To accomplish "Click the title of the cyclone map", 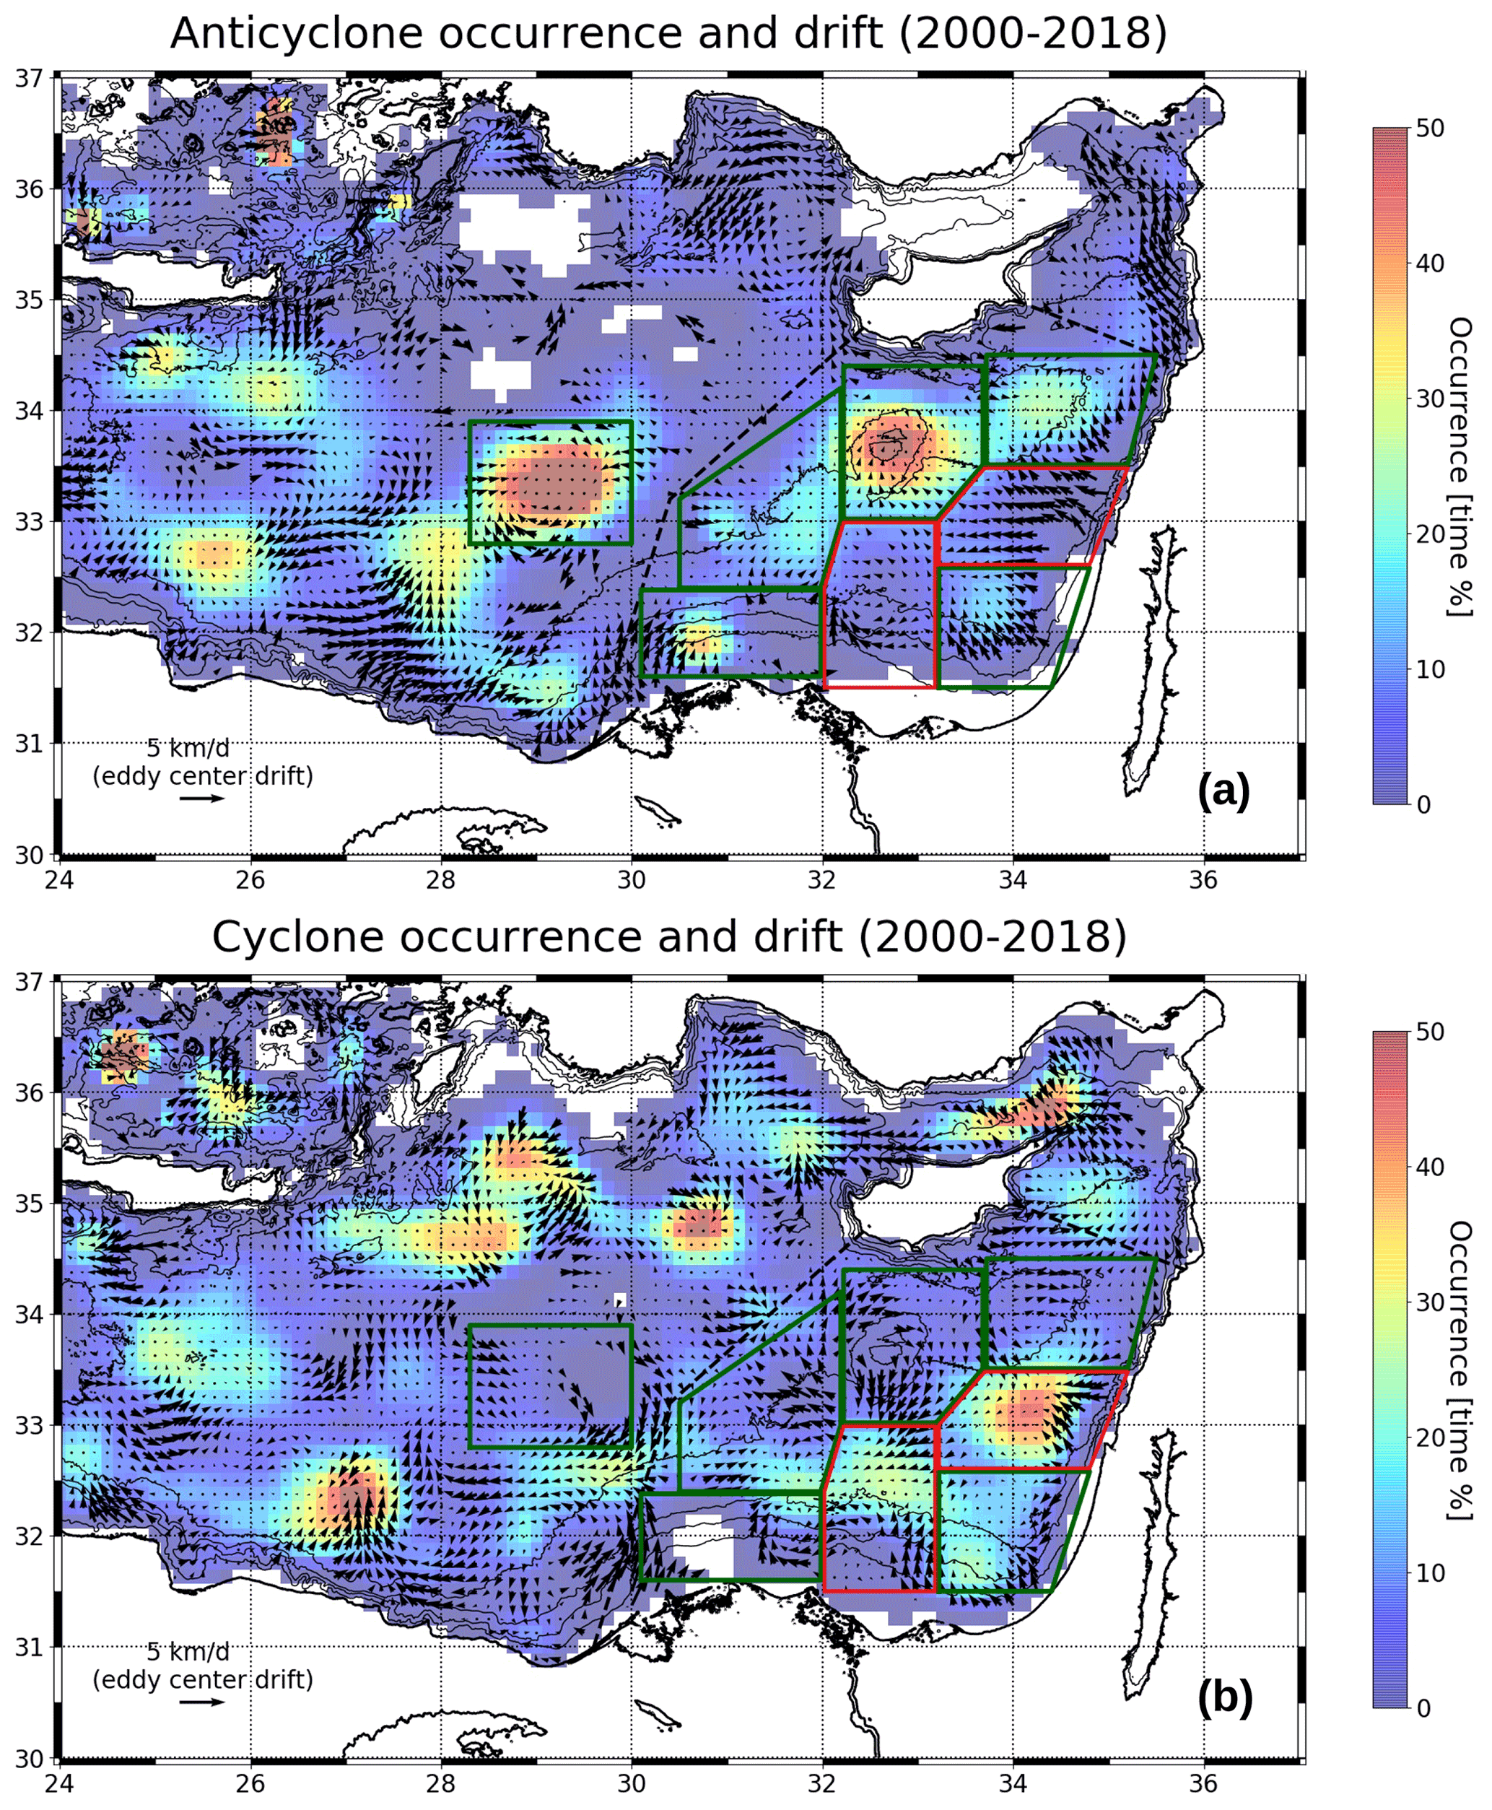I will (668, 937).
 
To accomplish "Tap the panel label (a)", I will (1224, 791).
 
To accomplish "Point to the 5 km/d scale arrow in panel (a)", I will (203, 799).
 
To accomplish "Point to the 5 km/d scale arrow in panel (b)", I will (203, 1702).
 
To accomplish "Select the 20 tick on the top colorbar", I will (1429, 534).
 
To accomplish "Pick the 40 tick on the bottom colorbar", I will (1429, 1167).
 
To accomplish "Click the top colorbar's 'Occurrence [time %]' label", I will (1460, 466).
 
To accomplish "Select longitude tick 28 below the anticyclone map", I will (441, 880).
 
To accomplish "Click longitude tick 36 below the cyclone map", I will (1203, 1784).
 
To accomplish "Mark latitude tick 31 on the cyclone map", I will (29, 1647).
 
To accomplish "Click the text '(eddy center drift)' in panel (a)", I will (203, 776).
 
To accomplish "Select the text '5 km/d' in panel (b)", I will (188, 1652).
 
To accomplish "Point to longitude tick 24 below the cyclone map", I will (59, 1784).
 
